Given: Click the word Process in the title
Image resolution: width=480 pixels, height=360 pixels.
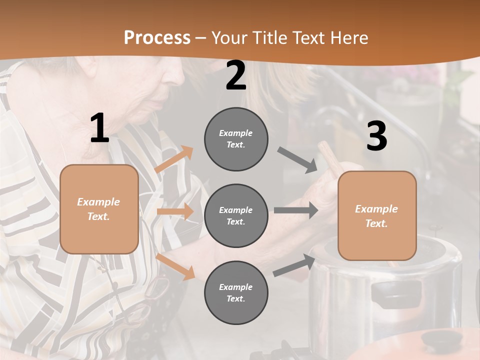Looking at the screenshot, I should (x=157, y=37).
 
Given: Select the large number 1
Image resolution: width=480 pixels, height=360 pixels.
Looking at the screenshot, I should (x=99, y=128).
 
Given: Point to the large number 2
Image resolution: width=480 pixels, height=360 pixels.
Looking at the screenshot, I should (x=236, y=76).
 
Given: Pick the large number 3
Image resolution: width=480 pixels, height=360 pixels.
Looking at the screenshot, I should (x=376, y=136).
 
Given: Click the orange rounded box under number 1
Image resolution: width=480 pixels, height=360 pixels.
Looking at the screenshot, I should (x=99, y=209).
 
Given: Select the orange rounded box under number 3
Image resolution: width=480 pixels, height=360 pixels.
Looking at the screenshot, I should (x=377, y=215).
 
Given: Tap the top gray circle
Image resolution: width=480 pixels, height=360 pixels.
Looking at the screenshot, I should (x=236, y=139).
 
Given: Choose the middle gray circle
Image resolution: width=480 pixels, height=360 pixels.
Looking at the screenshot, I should (x=236, y=215).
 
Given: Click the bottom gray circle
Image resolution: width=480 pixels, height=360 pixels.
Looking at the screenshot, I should (x=236, y=292).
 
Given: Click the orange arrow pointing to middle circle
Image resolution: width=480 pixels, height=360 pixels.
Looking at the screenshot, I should (x=175, y=211).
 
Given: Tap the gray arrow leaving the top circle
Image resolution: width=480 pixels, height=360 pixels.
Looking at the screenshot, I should (x=297, y=160).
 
